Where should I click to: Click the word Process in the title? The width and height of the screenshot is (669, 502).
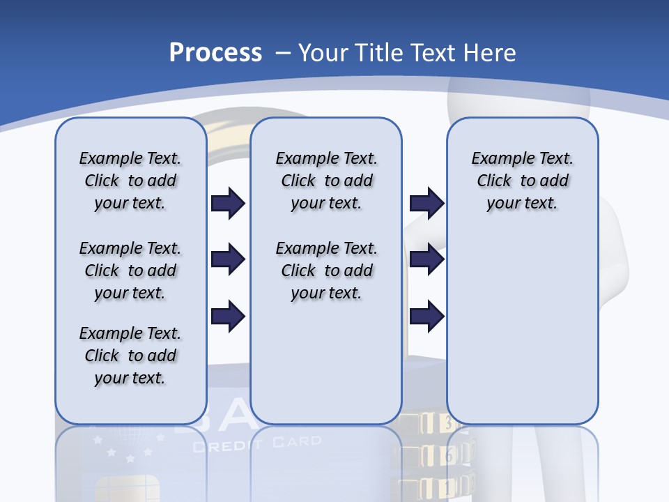[x=215, y=53]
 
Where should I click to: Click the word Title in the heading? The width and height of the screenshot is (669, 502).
[x=380, y=53]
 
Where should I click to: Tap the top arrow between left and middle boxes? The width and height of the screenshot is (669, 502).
[x=228, y=204]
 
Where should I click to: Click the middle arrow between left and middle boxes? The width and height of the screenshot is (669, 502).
[x=228, y=260]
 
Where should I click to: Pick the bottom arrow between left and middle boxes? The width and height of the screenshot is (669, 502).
[x=228, y=317]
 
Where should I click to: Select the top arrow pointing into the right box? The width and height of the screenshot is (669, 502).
[x=426, y=204]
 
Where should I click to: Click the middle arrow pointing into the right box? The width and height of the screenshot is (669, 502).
[x=426, y=260]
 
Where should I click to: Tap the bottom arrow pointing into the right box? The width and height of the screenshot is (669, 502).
[x=426, y=317]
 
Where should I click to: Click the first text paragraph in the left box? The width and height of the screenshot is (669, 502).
[x=130, y=181]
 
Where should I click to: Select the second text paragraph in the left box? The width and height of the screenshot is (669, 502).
[x=130, y=271]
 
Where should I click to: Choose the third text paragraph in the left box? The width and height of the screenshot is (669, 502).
[x=130, y=356]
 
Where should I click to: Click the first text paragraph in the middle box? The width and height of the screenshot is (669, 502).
[x=326, y=181]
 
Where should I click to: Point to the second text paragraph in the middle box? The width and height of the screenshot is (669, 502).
[x=326, y=271]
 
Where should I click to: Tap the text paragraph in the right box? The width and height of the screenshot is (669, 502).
[x=522, y=181]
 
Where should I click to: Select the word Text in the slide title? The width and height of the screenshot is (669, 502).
[x=433, y=53]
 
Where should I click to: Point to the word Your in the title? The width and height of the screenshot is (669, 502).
[x=324, y=53]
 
